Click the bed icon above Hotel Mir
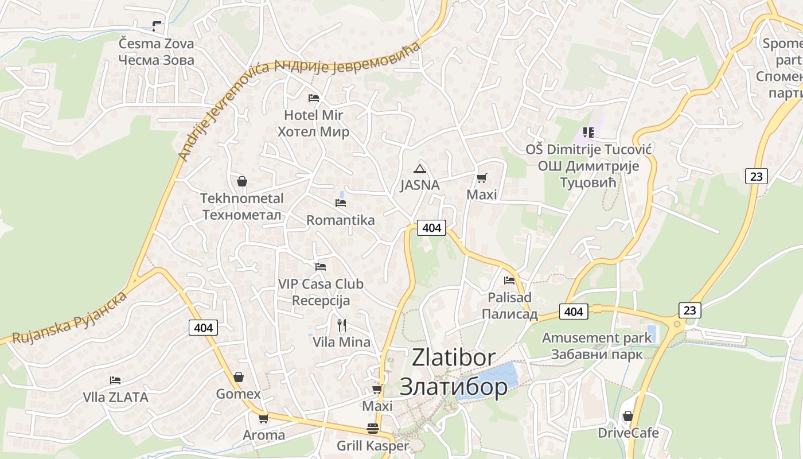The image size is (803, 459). coord(314,98)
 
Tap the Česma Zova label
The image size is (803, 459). coord(156,44)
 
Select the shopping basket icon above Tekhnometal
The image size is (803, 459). coord(242,181)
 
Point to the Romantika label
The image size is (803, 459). coord(340,220)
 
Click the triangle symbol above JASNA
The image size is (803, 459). coord(420,169)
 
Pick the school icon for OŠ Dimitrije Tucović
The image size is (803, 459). coord(588,133)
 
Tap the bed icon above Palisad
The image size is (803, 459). coord(509,281)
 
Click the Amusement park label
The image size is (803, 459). coord(597,338)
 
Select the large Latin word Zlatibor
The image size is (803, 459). coord(453,357)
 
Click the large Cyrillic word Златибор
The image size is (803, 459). coord(453,387)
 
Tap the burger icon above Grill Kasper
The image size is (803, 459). coord(373,429)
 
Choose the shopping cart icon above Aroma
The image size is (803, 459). coord(263,418)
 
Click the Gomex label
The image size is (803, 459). coord(238,394)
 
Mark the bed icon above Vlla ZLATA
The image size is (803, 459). coord(115,380)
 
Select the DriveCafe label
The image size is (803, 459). coord(628,433)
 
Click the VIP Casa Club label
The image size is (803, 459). coord(321,284)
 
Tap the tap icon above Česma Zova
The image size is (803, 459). coord(156,26)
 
